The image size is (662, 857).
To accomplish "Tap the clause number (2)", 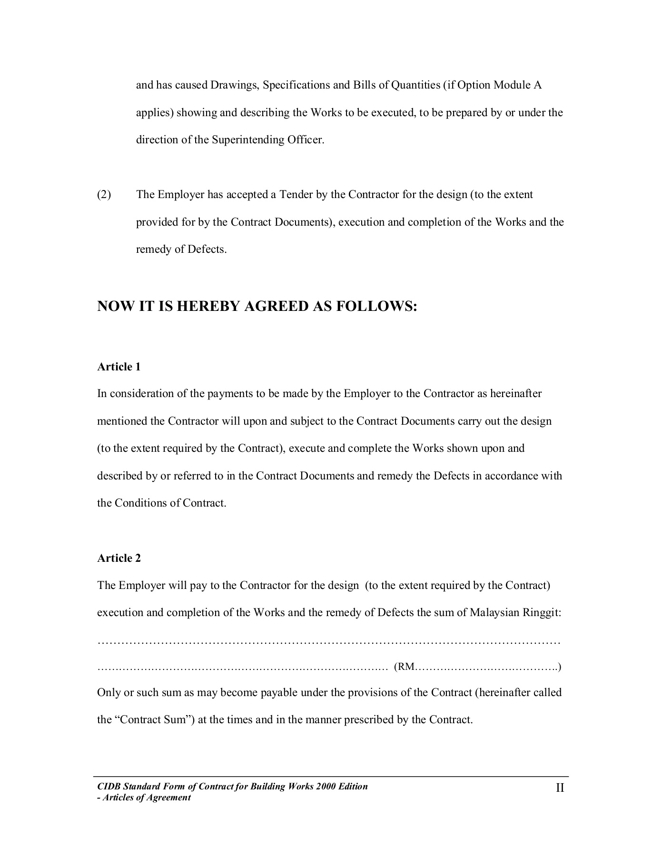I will [x=104, y=195].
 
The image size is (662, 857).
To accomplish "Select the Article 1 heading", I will [x=119, y=367].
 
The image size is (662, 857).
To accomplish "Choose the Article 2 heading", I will [x=119, y=558].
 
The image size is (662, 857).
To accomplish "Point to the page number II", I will [x=560, y=788].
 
